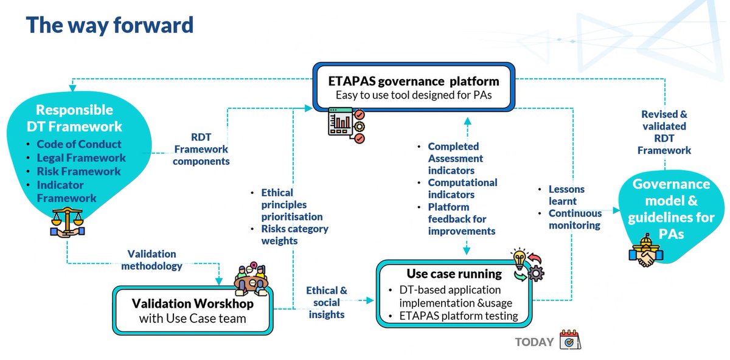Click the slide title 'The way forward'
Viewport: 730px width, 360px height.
click(x=109, y=25)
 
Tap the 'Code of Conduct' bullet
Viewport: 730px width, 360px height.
click(x=78, y=145)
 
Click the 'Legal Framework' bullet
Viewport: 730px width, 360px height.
click(x=81, y=158)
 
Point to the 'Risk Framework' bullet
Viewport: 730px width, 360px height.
click(x=78, y=171)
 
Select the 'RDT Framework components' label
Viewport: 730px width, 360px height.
click(x=201, y=149)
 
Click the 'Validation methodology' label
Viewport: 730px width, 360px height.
click(x=151, y=260)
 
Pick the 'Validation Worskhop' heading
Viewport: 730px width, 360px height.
click(x=192, y=302)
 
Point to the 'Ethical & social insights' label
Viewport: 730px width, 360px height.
click(x=326, y=302)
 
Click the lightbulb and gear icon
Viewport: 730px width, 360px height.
click(x=527, y=265)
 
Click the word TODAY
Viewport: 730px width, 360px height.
click(x=534, y=342)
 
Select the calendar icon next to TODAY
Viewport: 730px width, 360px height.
click(x=570, y=339)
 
